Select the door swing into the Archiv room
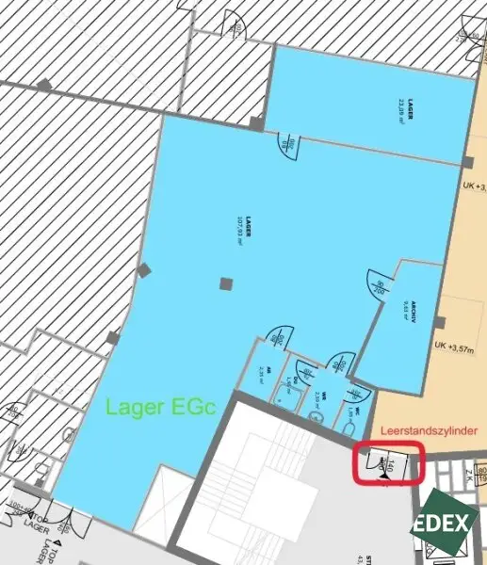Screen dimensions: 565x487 [x=379, y=286]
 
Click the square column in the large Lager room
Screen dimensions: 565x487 [x=224, y=283]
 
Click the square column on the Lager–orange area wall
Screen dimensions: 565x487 [x=467, y=162]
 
